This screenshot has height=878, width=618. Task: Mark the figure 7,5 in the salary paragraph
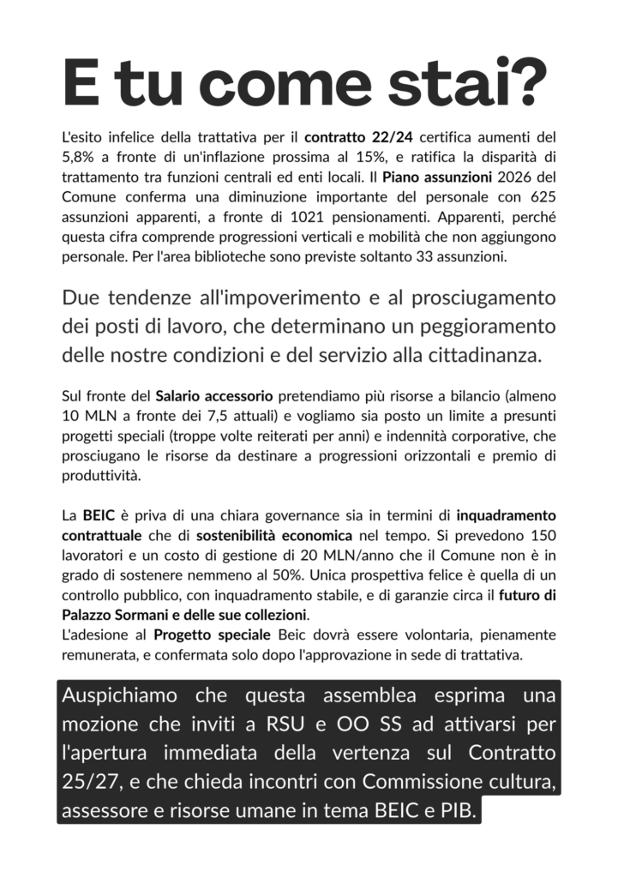(199, 418)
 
